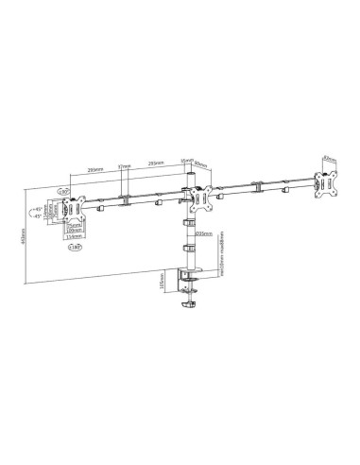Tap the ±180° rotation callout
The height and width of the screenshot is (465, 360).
pyautogui.click(x=75, y=248)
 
